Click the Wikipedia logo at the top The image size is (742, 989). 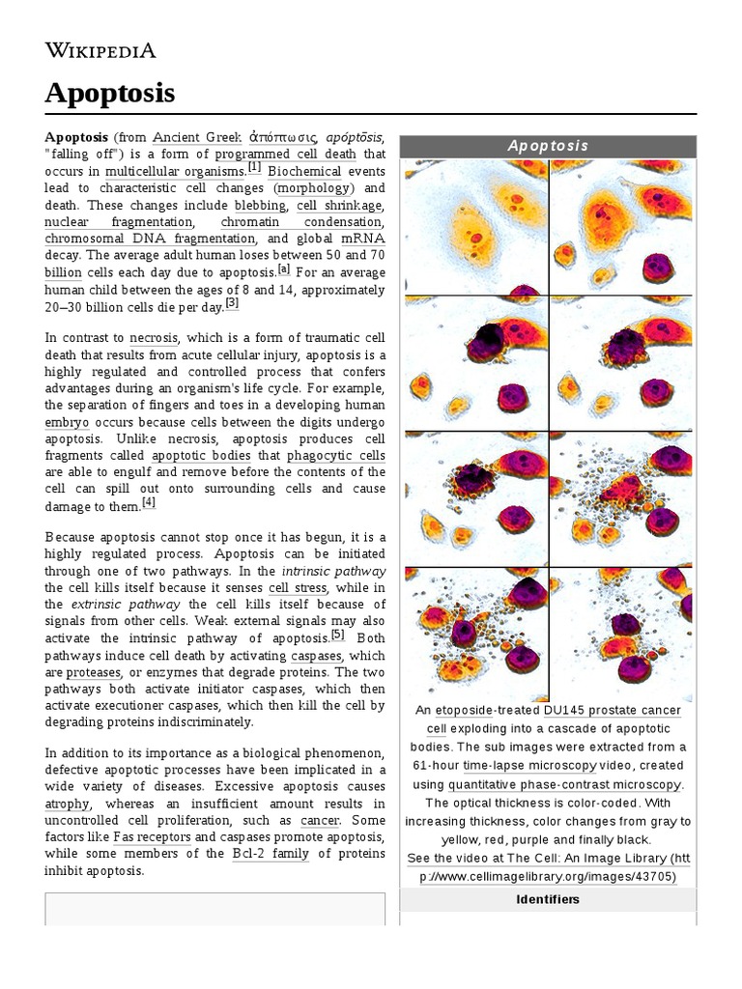pyautogui.click(x=100, y=50)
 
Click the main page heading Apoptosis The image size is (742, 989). pyautogui.click(x=109, y=93)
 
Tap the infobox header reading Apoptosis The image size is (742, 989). pyautogui.click(x=548, y=146)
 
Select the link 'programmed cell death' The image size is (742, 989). pyautogui.click(x=285, y=154)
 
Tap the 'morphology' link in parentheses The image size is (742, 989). pyautogui.click(x=314, y=187)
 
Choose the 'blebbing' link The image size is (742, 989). pyautogui.click(x=260, y=205)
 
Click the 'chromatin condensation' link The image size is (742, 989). pyautogui.click(x=300, y=222)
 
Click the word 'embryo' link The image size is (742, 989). pyautogui.click(x=67, y=422)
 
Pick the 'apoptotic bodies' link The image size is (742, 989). pyautogui.click(x=202, y=456)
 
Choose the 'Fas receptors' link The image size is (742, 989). pyautogui.click(x=151, y=836)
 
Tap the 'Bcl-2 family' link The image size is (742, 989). pyautogui.click(x=271, y=854)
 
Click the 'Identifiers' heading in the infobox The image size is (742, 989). pyautogui.click(x=547, y=899)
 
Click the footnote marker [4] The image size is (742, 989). pyautogui.click(x=148, y=502)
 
